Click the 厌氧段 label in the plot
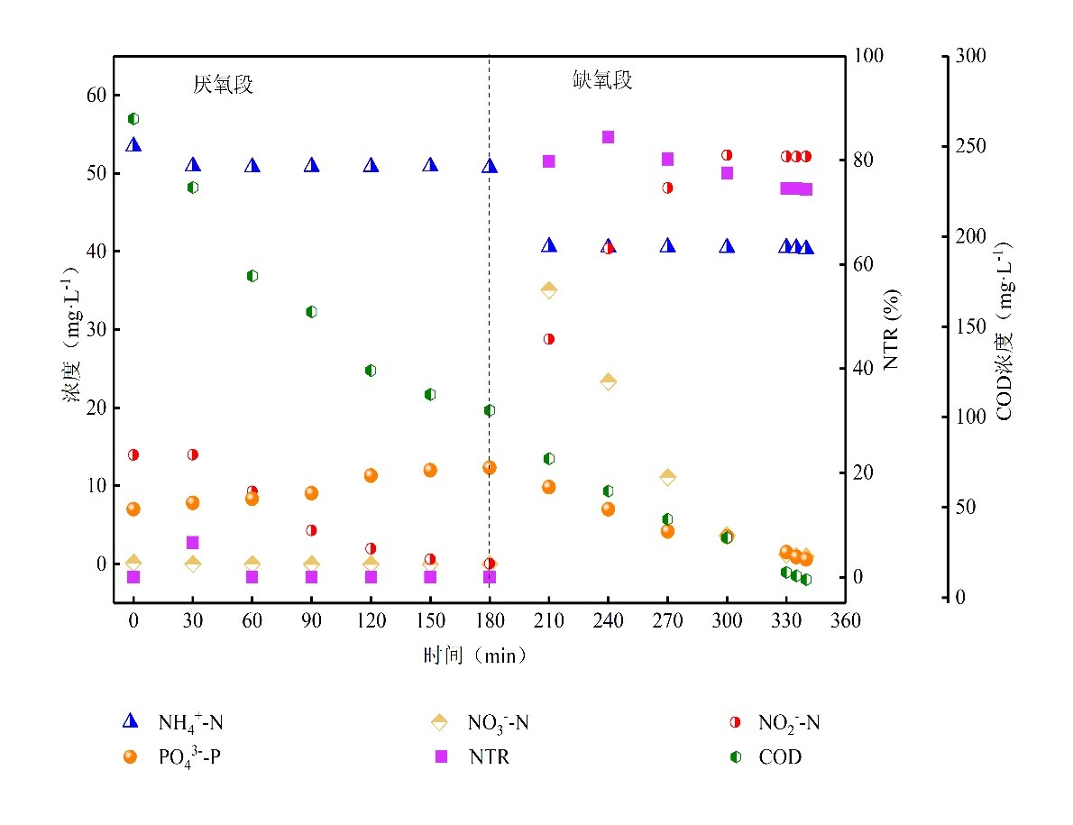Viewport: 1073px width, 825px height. [223, 85]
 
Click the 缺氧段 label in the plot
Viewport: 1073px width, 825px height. [603, 80]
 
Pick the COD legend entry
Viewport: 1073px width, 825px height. [766, 757]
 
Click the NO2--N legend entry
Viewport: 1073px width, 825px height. [776, 722]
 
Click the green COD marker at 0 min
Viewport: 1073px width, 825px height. [133, 118]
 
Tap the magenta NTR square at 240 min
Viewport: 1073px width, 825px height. [608, 137]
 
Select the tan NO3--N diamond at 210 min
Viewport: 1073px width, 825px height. [548, 289]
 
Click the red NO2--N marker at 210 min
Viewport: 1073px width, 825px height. [548, 339]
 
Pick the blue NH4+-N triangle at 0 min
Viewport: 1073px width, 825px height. [133, 144]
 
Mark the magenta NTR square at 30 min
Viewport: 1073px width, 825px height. [192, 542]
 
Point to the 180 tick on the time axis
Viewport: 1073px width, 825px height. [490, 621]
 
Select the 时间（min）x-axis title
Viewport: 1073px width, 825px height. [473, 655]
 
